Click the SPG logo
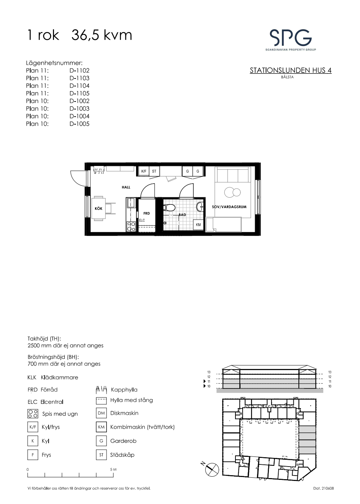point(291,40)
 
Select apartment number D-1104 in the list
point(80,86)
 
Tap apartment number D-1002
point(80,101)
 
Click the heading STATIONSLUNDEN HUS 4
point(291,71)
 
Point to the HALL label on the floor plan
point(126,187)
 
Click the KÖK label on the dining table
point(99,208)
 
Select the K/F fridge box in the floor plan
point(144,171)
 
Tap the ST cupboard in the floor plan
point(154,171)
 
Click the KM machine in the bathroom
point(198,225)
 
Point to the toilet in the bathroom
point(169,207)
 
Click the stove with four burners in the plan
point(131,226)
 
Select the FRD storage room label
point(147,213)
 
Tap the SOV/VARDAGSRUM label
point(229,207)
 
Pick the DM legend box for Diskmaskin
point(101,413)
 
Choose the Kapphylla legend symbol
point(101,390)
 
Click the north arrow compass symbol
point(212,469)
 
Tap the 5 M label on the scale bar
point(113,469)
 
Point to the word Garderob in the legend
point(123,441)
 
